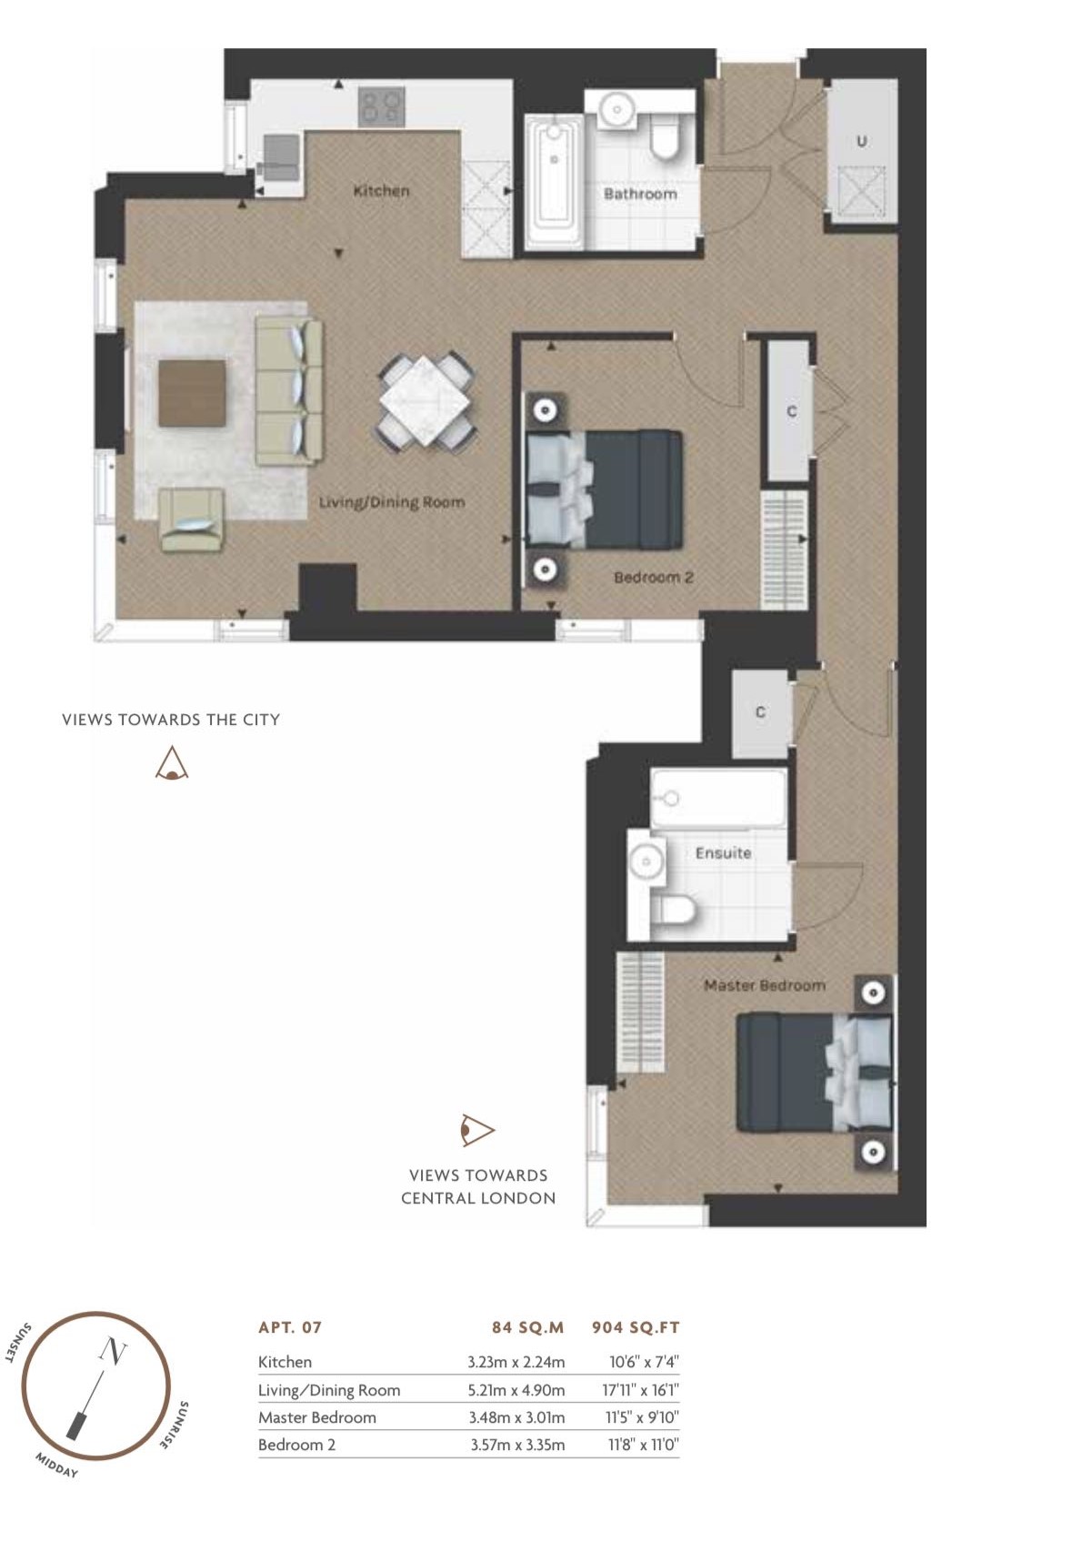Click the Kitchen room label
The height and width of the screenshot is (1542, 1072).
click(381, 191)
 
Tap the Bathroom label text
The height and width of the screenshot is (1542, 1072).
click(640, 194)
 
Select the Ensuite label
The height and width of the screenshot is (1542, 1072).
click(723, 853)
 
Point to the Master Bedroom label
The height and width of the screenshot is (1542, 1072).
click(765, 985)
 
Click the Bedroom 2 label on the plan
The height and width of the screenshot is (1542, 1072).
click(654, 578)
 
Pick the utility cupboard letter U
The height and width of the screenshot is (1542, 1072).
click(861, 141)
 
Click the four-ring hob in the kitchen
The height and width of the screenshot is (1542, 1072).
click(381, 107)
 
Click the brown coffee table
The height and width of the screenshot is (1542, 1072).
click(192, 393)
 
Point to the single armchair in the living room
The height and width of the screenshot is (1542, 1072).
click(192, 519)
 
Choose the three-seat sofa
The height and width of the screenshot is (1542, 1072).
click(289, 391)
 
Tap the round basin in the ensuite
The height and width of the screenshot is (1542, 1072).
click(646, 862)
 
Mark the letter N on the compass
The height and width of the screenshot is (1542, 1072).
click(113, 1351)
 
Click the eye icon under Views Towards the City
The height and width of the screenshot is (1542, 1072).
click(171, 763)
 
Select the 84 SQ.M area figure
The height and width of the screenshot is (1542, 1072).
click(527, 1327)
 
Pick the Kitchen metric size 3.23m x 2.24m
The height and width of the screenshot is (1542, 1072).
click(516, 1362)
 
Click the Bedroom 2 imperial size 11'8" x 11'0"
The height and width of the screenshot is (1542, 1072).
click(644, 1445)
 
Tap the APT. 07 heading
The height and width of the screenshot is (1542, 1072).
click(290, 1327)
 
